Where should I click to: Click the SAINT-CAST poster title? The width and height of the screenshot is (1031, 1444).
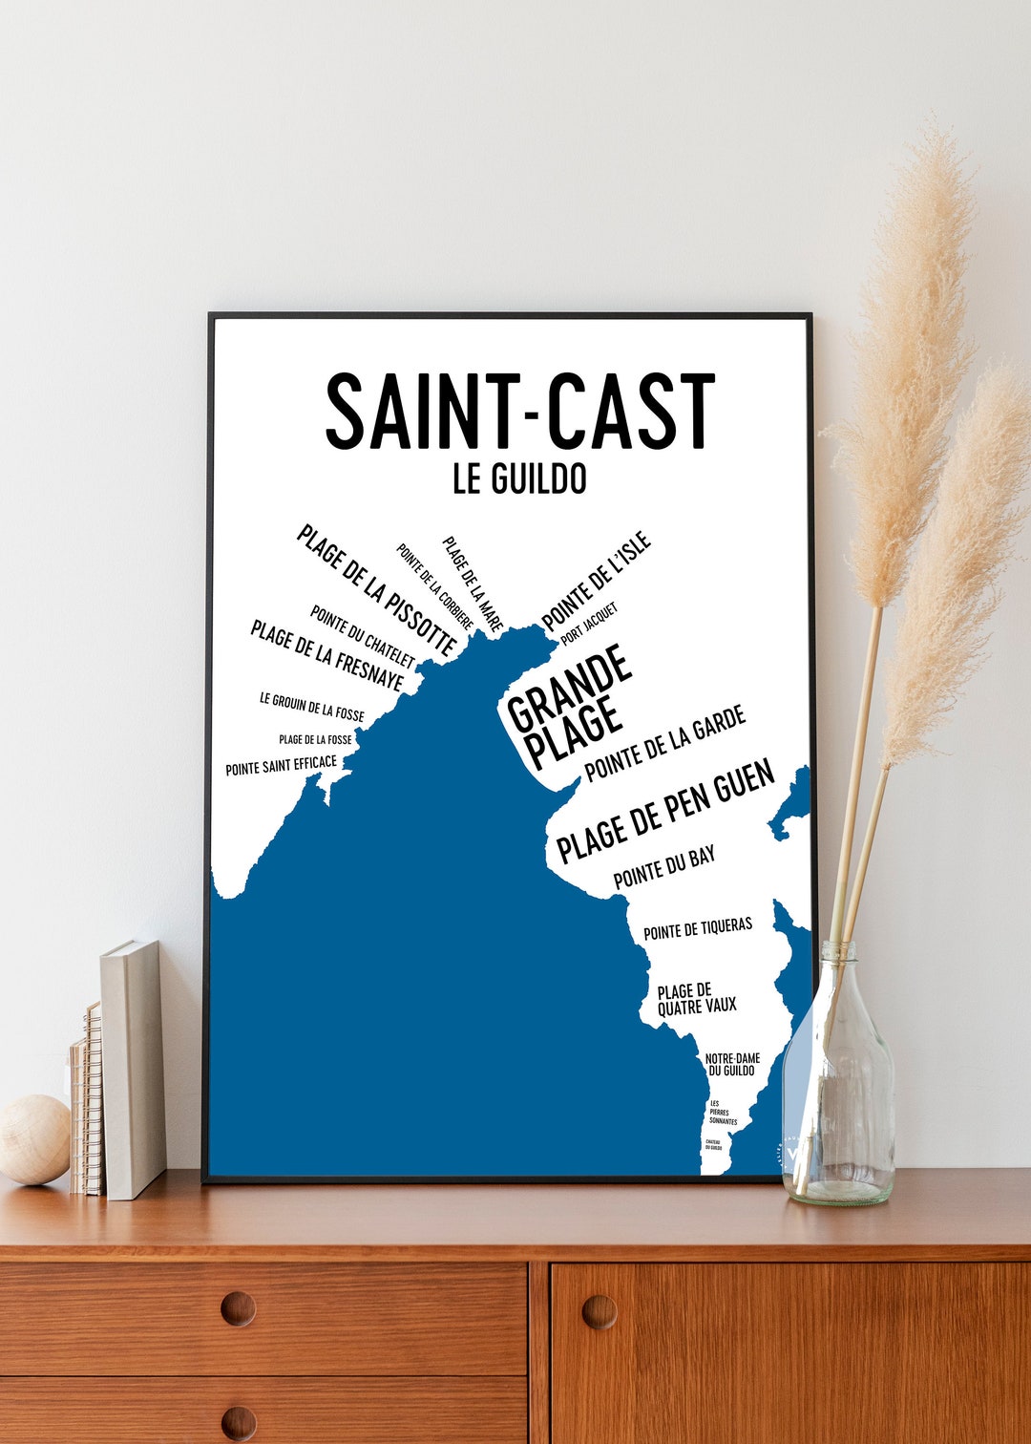(x=520, y=412)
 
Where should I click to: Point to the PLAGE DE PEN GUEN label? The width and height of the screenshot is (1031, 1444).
(x=665, y=812)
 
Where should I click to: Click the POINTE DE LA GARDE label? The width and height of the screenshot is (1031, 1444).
(x=664, y=744)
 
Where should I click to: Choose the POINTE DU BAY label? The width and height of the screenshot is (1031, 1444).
(x=664, y=867)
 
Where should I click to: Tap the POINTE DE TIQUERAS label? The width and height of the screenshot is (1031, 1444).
(x=698, y=927)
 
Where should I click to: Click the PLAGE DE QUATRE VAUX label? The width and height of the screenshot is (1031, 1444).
(x=697, y=998)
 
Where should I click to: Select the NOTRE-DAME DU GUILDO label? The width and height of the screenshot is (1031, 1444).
(x=732, y=1064)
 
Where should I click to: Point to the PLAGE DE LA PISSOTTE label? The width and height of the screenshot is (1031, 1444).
(x=376, y=590)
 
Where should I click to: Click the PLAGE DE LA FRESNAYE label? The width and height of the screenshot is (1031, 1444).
(x=326, y=655)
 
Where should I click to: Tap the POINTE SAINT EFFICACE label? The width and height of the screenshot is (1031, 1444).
(x=282, y=765)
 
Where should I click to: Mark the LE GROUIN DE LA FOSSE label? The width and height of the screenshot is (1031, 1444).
(x=312, y=707)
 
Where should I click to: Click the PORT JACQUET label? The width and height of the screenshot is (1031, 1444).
(x=590, y=623)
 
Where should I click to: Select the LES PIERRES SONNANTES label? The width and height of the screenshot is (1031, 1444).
(x=723, y=1113)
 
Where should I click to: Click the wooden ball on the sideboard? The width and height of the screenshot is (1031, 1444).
(x=33, y=1139)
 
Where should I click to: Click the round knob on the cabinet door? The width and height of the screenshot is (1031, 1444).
(x=599, y=1311)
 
